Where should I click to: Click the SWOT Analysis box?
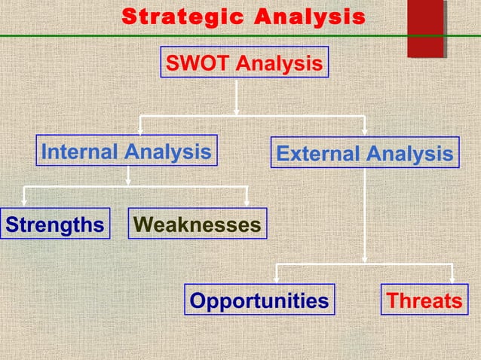244,63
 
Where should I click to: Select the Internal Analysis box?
127,151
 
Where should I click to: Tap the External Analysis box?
365,154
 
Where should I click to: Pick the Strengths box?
54,224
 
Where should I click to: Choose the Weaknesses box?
198,224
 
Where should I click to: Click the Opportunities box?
259,301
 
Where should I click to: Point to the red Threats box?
423,301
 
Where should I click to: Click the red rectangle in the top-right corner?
424,28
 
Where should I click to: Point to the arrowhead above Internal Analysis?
139,129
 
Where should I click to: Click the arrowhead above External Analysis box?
365,130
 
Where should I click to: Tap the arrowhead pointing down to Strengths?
25,201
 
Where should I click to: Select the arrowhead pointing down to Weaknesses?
247,201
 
